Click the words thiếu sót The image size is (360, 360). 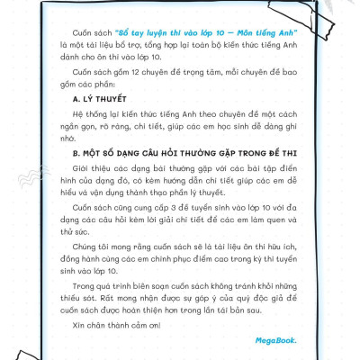pos(91,296)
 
